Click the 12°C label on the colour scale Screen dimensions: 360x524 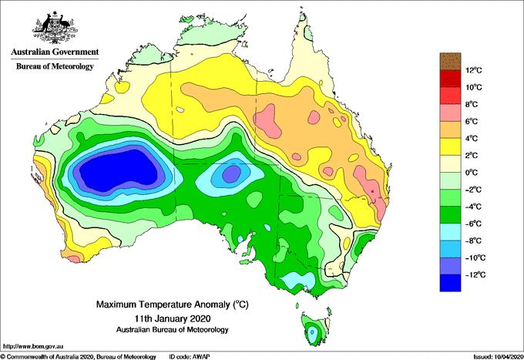[x=474, y=70]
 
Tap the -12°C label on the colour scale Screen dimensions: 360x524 [x=472, y=274]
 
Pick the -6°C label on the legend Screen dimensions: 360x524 [x=473, y=224]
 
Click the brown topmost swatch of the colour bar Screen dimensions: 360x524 [x=449, y=61]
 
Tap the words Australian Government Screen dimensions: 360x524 [x=54, y=52]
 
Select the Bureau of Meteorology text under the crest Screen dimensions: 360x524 [x=54, y=67]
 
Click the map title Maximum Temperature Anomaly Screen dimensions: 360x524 [x=172, y=304]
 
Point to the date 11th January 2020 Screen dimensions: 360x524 [x=172, y=318]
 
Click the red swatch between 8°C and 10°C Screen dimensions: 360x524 [x=449, y=96]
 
